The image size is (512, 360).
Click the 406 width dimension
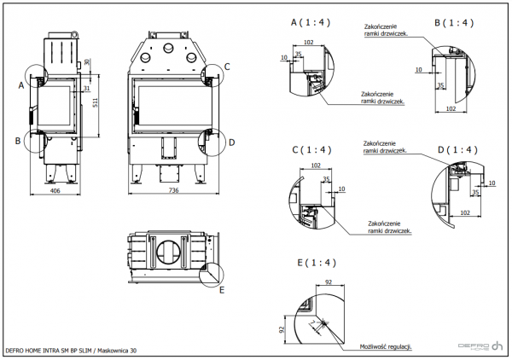55,190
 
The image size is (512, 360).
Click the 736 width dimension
172,190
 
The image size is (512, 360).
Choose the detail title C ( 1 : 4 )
311,150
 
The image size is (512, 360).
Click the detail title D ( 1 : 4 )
457,150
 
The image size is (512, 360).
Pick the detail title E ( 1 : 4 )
316,262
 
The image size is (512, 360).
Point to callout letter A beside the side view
20,84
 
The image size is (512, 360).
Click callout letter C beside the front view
227,67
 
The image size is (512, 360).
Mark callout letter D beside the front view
230,142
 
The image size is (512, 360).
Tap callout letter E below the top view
222,290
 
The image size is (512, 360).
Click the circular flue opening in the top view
167,253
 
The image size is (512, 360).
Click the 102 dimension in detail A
308,42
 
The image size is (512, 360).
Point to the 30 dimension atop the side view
88,62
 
